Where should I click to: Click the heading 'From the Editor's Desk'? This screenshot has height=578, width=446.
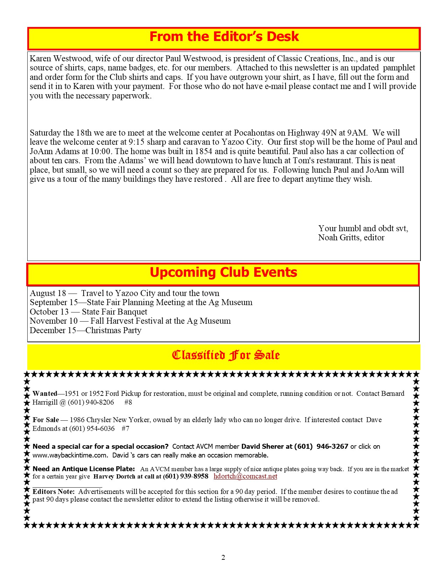coord(224,37)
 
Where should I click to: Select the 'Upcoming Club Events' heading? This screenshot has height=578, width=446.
coord(223,273)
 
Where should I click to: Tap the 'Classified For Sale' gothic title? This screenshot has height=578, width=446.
coord(226,355)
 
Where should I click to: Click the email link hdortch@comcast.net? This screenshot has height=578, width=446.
coord(245,476)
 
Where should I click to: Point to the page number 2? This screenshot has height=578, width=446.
coord(223,557)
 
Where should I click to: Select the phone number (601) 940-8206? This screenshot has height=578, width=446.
coord(91,402)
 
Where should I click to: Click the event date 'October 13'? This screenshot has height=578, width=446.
coord(49,312)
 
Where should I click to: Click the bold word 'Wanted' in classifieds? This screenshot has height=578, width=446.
coord(45,393)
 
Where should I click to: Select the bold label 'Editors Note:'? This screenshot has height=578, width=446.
coord(54,491)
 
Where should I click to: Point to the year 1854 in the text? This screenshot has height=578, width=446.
coord(204,151)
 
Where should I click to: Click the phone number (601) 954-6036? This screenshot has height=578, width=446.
coord(92,428)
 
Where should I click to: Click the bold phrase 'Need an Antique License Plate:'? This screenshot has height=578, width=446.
coord(84,469)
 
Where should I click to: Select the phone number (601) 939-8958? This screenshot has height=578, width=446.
coord(186,476)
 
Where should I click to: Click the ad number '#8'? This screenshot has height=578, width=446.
coord(128,402)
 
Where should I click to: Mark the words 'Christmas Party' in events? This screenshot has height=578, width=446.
coord(113,330)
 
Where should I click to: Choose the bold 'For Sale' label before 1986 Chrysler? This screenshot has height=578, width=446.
coord(46,420)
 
